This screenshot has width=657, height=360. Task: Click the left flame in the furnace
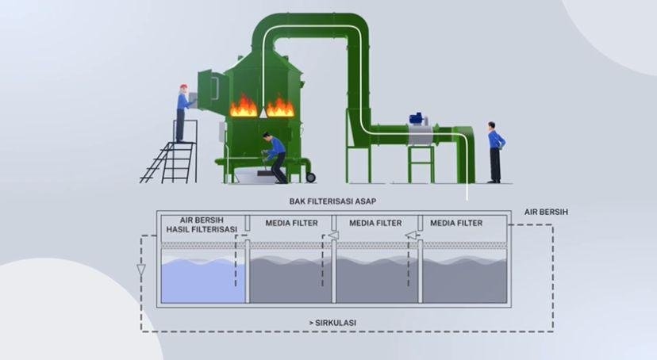[244, 106]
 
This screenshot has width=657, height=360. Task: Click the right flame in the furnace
[279, 106]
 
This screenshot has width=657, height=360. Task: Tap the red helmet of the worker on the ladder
[183, 86]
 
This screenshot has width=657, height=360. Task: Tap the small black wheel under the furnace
[310, 176]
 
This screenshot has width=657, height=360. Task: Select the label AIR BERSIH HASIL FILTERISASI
[202, 226]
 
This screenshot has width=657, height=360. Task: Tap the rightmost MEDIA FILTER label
[456, 223]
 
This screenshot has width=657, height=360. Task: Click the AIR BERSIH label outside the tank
[547, 213]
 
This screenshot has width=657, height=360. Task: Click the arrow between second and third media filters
[410, 235]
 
